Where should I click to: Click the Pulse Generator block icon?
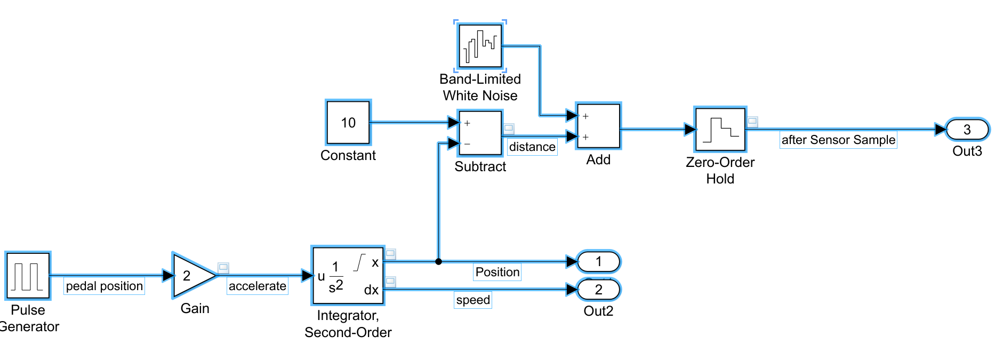[28, 276]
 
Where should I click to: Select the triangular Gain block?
[192, 276]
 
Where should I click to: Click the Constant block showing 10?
[348, 122]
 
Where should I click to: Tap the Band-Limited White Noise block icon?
[480, 46]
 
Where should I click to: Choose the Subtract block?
[480, 133]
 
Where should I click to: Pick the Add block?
[598, 126]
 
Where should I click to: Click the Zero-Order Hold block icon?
[720, 130]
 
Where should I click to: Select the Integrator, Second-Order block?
[348, 276]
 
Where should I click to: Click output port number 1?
[599, 261]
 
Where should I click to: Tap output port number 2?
[599, 290]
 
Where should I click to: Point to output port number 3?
[967, 130]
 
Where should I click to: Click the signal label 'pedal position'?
[105, 286]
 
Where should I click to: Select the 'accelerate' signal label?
[258, 286]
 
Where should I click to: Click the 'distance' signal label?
[532, 147]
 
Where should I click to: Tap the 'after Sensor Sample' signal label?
[838, 140]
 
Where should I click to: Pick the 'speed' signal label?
[473, 300]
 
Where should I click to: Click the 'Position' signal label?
[497, 272]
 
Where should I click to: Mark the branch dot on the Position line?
[438, 261]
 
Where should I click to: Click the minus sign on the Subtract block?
[467, 144]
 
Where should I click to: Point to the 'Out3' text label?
[967, 151]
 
